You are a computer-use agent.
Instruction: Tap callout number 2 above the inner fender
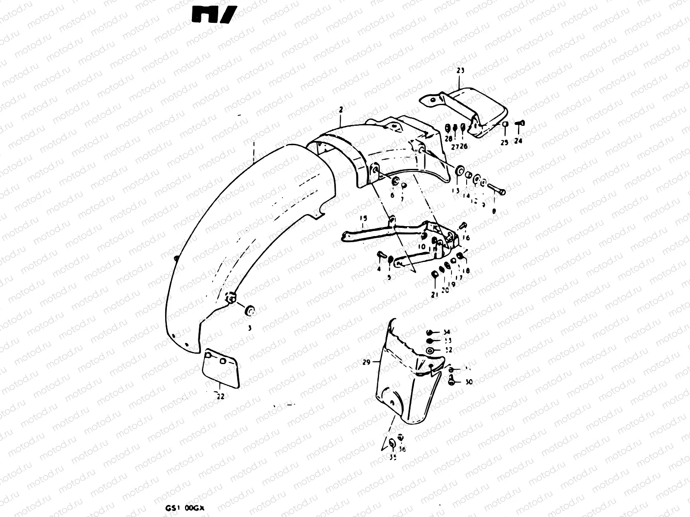point(341,110)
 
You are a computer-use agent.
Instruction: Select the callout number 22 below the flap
point(220,397)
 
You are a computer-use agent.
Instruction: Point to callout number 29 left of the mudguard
point(367,362)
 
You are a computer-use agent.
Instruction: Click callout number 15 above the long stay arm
point(363,218)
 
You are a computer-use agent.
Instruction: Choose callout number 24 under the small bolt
point(518,141)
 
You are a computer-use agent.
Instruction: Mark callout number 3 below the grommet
point(249,328)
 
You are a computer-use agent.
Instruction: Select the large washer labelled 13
point(459,171)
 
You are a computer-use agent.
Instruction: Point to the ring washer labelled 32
point(430,352)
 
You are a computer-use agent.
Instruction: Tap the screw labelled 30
point(452,381)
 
